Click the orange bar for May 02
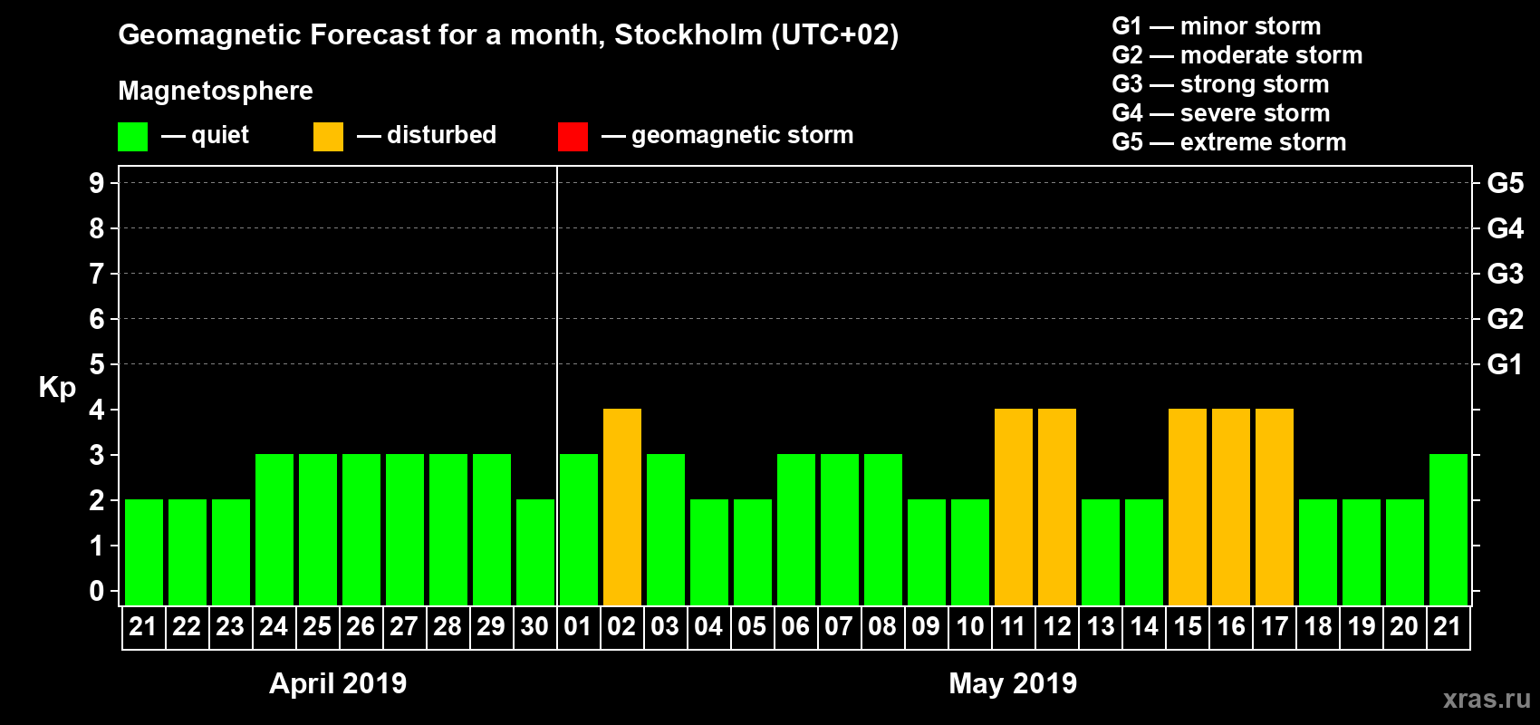click(622, 507)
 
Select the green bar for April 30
click(535, 552)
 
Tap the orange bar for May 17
click(1275, 507)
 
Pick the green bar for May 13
click(1101, 552)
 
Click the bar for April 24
click(274, 529)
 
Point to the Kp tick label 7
click(97, 274)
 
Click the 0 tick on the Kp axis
click(97, 591)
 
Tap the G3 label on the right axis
click(1505, 274)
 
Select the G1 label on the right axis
click(1505, 364)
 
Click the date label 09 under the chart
click(926, 626)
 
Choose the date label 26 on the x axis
click(361, 626)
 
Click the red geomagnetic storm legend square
click(573, 137)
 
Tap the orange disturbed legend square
click(328, 137)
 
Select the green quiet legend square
click(132, 137)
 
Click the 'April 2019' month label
click(338, 683)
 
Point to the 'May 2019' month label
click(1013, 683)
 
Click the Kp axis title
click(57, 388)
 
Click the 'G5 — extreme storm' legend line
click(1228, 142)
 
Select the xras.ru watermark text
click(1487, 699)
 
